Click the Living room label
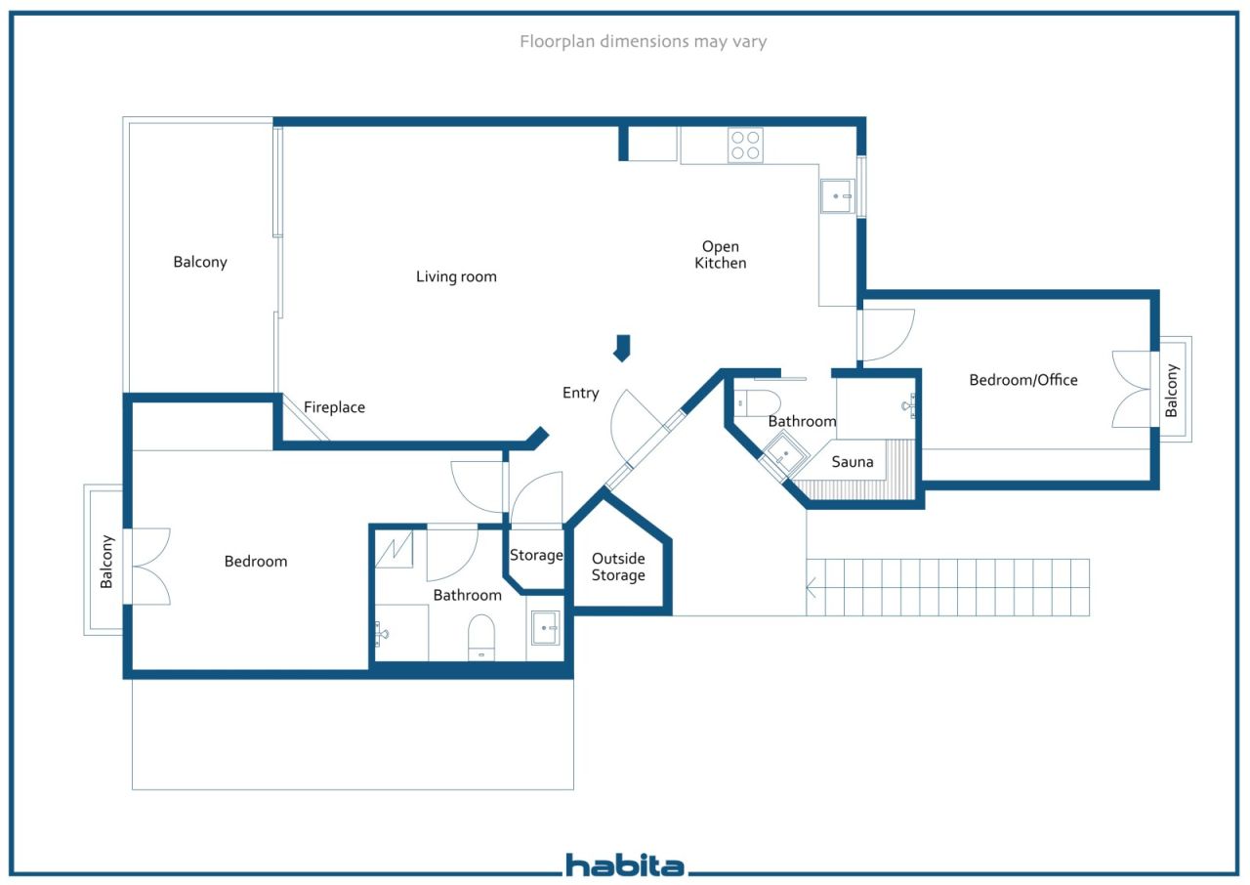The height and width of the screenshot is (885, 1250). click(456, 276)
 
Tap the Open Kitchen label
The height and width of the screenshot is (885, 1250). click(721, 255)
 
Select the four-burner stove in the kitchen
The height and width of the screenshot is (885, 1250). click(745, 146)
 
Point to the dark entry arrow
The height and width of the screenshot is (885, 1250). click(622, 347)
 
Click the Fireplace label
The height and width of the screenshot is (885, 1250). click(334, 407)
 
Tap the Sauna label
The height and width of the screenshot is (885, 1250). click(853, 461)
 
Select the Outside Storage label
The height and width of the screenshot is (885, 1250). click(618, 568)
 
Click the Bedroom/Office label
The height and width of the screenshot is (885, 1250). click(1023, 379)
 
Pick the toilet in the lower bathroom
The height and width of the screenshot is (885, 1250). click(481, 636)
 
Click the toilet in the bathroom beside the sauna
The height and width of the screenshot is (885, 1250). click(759, 401)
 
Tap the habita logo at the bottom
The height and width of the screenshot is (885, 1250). click(625, 864)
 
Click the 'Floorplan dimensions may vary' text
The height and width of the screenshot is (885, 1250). click(643, 41)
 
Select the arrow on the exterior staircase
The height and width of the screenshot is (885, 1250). click(812, 587)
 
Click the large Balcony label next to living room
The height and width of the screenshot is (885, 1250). click(200, 262)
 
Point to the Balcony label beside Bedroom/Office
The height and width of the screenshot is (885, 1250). click(1172, 391)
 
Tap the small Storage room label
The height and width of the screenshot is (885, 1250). click(536, 555)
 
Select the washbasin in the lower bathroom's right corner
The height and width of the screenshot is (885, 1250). click(546, 629)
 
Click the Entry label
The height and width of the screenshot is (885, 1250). click(580, 393)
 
